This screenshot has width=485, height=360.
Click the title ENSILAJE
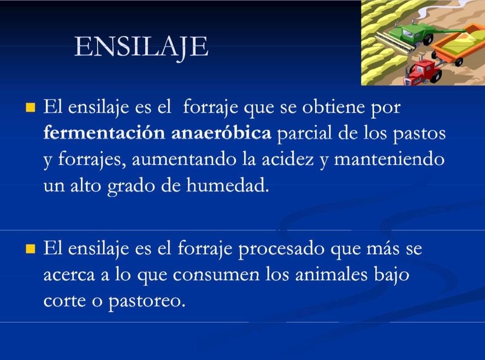tap(141, 47)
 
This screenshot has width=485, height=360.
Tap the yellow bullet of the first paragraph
tap(30, 107)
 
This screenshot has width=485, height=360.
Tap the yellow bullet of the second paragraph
tap(30, 248)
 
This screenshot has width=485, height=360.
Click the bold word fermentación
tap(104, 133)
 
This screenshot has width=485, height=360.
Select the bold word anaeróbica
tap(221, 133)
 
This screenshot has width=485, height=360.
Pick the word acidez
tap(288, 160)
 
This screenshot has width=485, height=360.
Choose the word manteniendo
tap(389, 160)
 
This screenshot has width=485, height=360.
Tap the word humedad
tap(227, 186)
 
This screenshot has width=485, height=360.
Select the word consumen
tap(216, 275)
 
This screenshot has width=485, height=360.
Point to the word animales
tap(331, 275)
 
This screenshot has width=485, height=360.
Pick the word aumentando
tap(184, 160)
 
